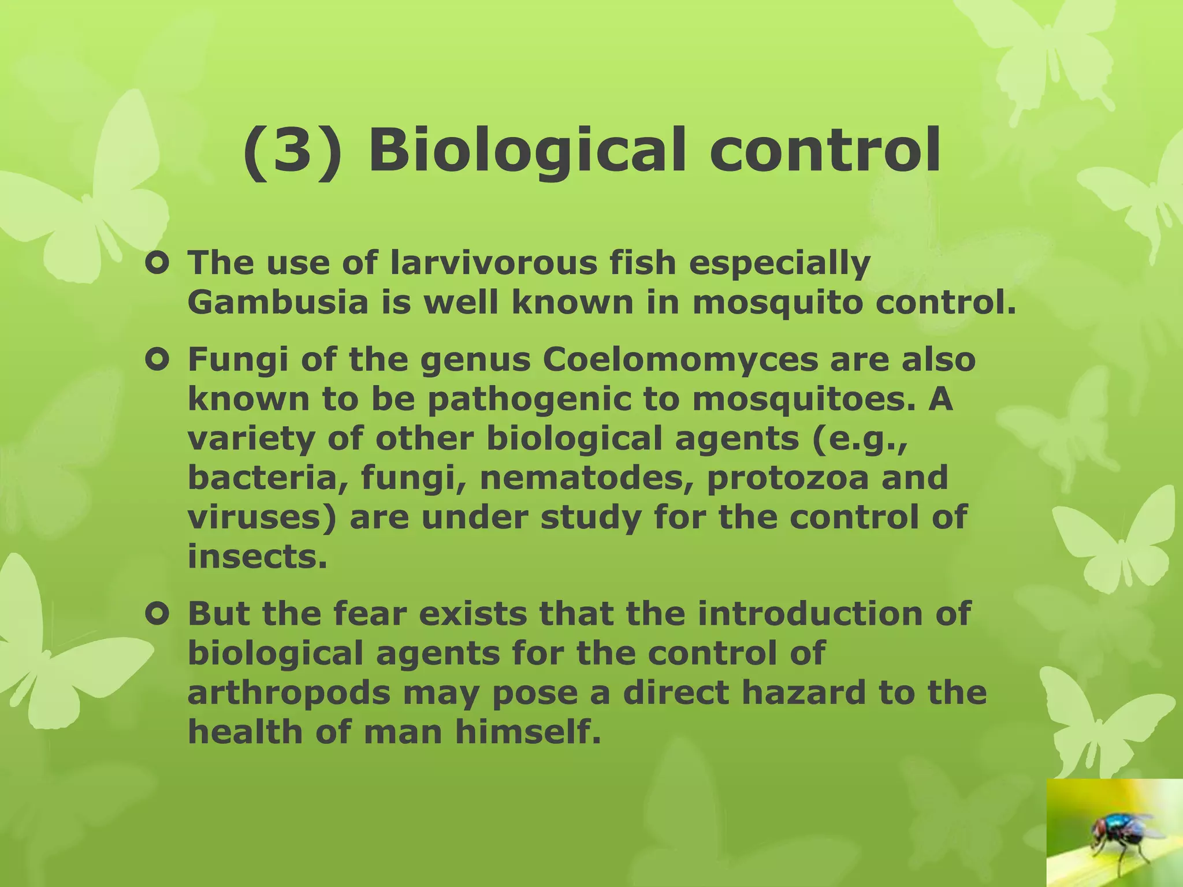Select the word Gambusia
tap(278, 303)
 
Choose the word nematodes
tap(586, 478)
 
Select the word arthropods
tap(289, 694)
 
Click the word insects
tap(258, 557)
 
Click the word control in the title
tap(825, 151)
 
